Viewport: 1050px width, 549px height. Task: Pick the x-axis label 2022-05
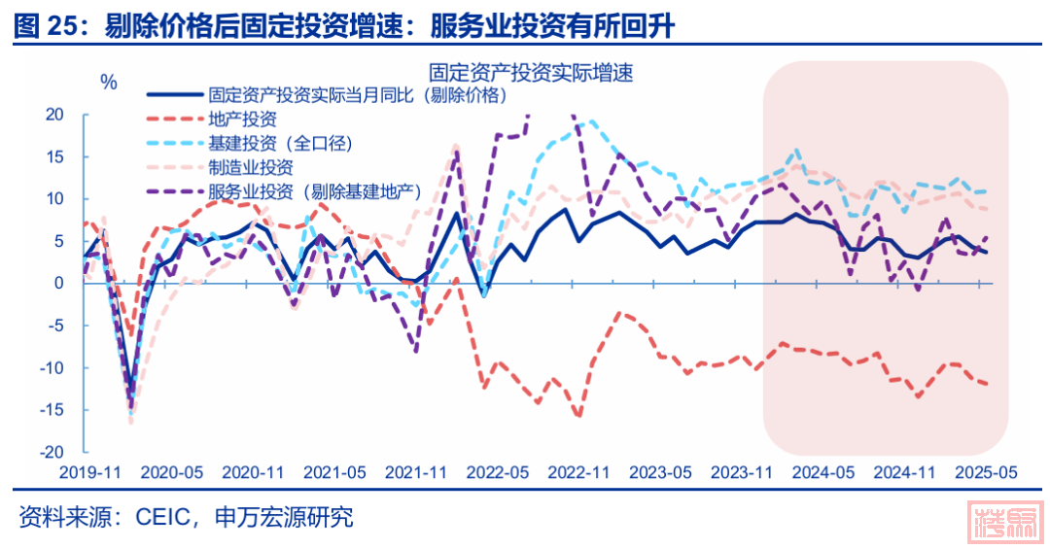(498, 472)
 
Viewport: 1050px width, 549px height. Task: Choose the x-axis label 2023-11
(742, 472)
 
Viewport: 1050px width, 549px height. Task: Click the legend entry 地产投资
(242, 120)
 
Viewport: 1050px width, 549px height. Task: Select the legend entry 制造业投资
(250, 167)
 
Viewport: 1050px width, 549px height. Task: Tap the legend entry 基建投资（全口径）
(280, 144)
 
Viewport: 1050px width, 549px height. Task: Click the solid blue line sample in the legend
(174, 95)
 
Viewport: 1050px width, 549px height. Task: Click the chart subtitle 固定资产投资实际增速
(531, 72)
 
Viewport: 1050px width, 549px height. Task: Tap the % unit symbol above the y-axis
(108, 83)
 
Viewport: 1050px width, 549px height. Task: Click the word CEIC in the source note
(158, 517)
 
